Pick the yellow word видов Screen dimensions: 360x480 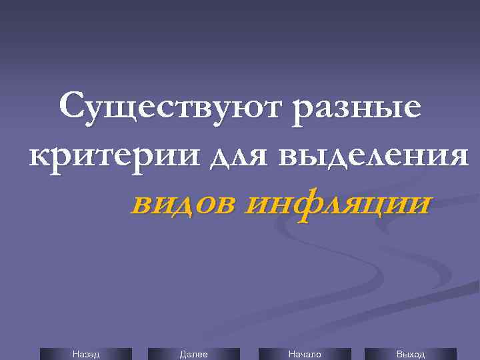pyautogui.click(x=183, y=203)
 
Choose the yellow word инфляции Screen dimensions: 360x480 pyautogui.click(x=337, y=203)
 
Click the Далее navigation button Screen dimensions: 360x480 pyautogui.click(x=193, y=354)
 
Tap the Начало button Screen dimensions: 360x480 pyautogui.click(x=304, y=354)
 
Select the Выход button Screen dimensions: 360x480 pyautogui.click(x=410, y=354)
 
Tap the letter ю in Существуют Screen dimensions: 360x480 pyautogui.click(x=257, y=109)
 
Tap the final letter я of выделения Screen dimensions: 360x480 pyautogui.click(x=457, y=157)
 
